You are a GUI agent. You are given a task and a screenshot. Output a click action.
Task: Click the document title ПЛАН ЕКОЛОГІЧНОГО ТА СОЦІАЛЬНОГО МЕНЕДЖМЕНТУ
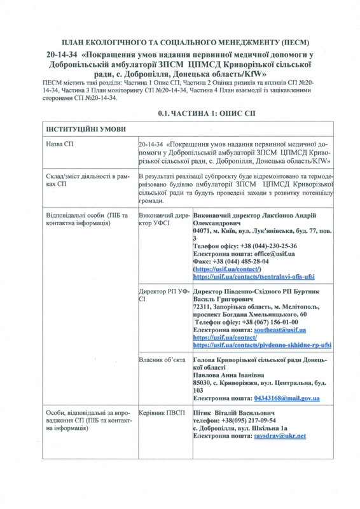[x=179, y=40]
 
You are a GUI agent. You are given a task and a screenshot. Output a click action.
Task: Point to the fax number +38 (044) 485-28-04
[x=241, y=261]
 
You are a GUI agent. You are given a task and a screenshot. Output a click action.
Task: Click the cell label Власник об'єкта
[x=161, y=360]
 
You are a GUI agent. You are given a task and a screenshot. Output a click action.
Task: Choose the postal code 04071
[x=204, y=230]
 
